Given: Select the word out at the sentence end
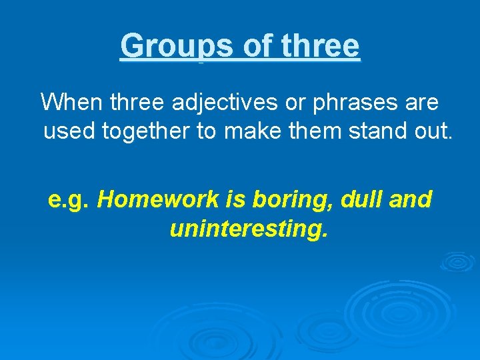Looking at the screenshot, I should (x=434, y=131).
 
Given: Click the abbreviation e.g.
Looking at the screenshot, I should (x=69, y=199).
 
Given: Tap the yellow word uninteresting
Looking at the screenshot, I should (x=249, y=229).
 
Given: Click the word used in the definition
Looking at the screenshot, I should (x=70, y=131).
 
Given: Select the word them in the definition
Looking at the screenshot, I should (x=315, y=131).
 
